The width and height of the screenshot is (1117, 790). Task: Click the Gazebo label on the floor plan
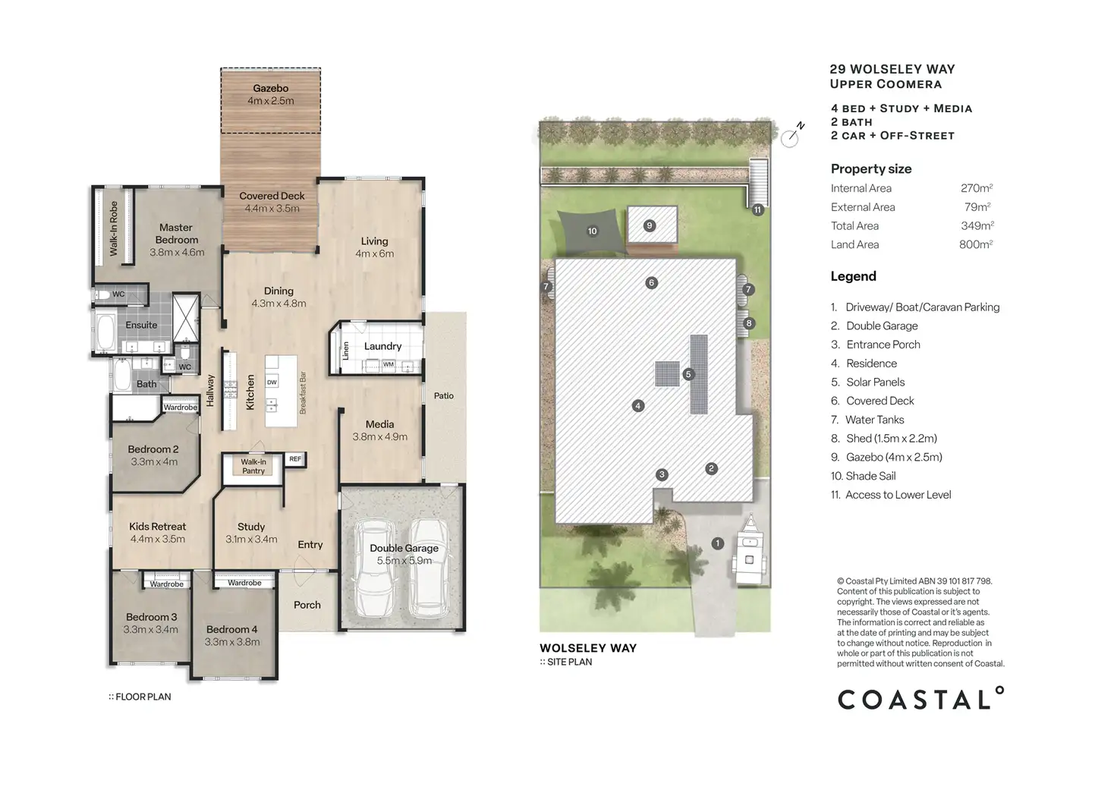pyautogui.click(x=270, y=88)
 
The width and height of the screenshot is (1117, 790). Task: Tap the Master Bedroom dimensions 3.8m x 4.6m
pyautogui.click(x=177, y=253)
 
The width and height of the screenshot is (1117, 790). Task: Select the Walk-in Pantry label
pyautogui.click(x=253, y=466)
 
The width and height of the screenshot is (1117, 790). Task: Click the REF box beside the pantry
pyautogui.click(x=295, y=459)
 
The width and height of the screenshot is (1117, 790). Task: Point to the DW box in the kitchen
pyautogui.click(x=272, y=382)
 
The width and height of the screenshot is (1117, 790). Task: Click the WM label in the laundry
pyautogui.click(x=389, y=364)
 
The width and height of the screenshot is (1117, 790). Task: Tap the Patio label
pyautogui.click(x=444, y=395)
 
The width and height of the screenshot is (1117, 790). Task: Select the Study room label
pyautogui.click(x=251, y=527)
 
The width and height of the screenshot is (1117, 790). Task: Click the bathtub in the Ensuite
pyautogui.click(x=105, y=332)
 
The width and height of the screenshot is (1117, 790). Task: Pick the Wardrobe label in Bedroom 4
pyautogui.click(x=244, y=583)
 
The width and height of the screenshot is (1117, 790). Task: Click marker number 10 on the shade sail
pyautogui.click(x=592, y=231)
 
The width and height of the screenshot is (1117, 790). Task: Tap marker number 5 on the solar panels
pyautogui.click(x=688, y=374)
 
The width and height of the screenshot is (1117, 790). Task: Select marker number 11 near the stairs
pyautogui.click(x=757, y=209)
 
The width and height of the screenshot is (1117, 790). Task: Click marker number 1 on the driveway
pyautogui.click(x=718, y=543)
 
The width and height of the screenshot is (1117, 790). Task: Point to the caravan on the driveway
pyautogui.click(x=748, y=550)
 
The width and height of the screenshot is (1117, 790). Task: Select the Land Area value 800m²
pyautogui.click(x=976, y=244)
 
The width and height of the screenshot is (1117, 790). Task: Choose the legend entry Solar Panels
pyautogui.click(x=875, y=382)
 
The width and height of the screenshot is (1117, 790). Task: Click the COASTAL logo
pyautogui.click(x=920, y=698)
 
